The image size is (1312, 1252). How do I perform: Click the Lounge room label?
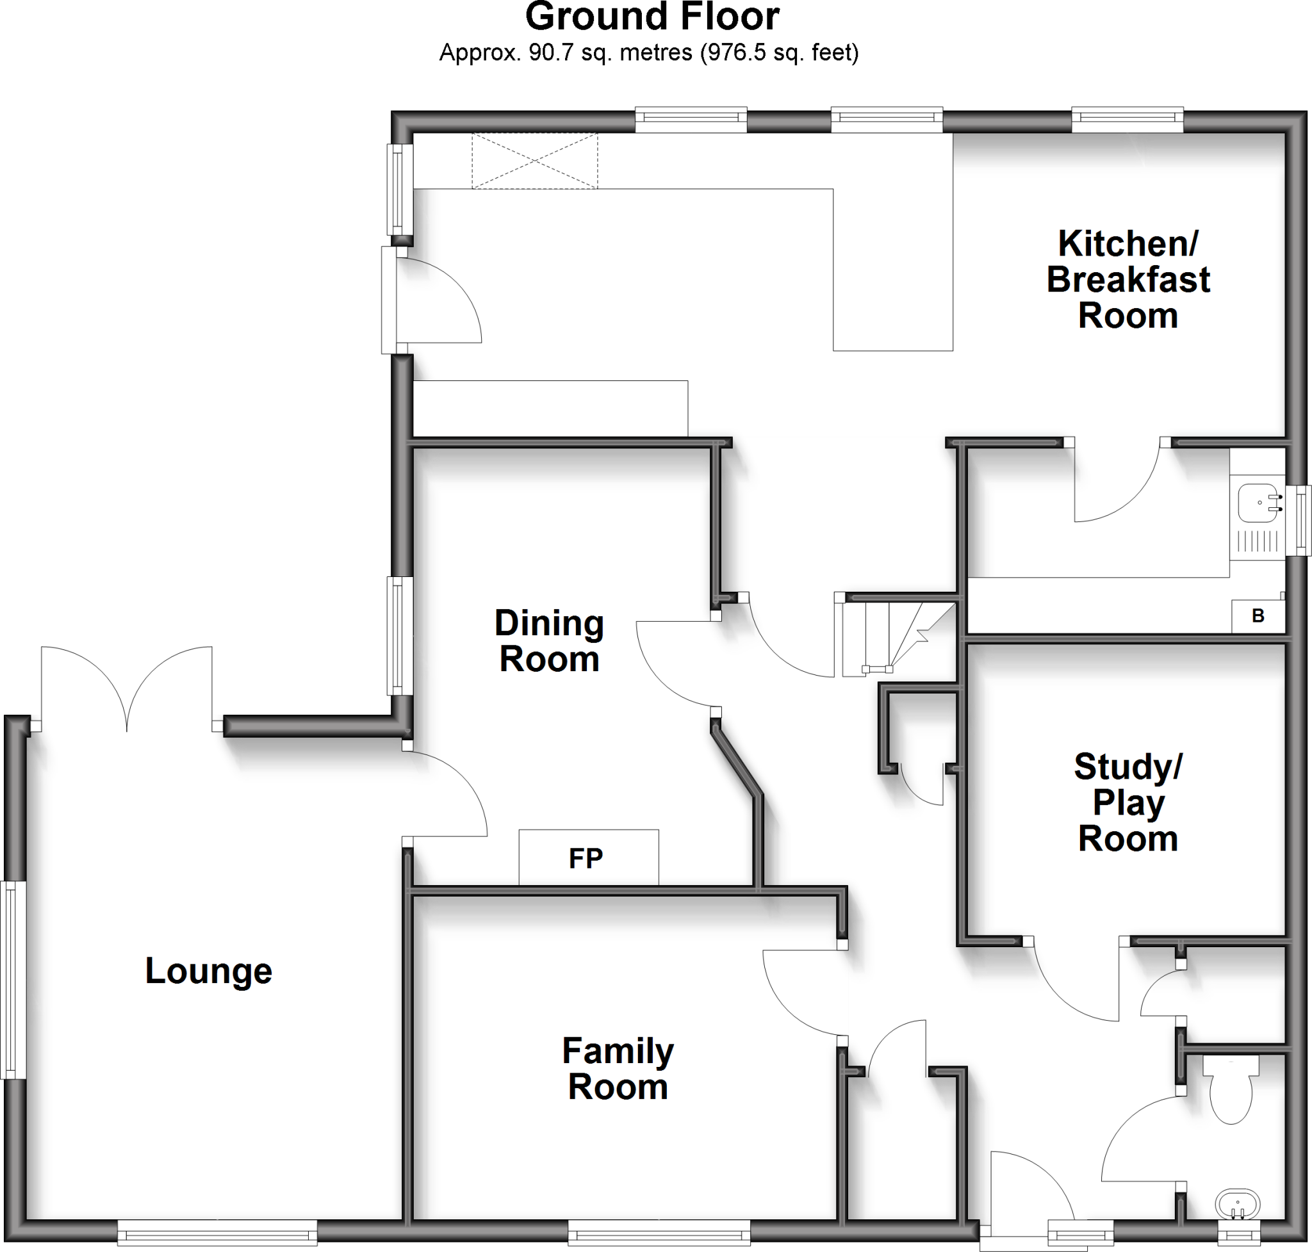point(208,971)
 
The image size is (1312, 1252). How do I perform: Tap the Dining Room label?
point(549,640)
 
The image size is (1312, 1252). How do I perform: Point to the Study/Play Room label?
point(1127,802)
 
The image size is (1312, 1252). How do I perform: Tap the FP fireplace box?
point(588,858)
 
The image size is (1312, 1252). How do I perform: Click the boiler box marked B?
point(1258,616)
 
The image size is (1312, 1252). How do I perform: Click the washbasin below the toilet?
point(1236,1205)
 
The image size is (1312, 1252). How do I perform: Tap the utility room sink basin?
point(1258,502)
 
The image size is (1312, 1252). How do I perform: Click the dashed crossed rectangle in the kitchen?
point(535,161)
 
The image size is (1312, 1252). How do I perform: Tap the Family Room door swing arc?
point(801,995)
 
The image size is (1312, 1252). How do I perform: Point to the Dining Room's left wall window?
point(398,635)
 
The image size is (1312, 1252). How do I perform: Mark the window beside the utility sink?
point(1301,521)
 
